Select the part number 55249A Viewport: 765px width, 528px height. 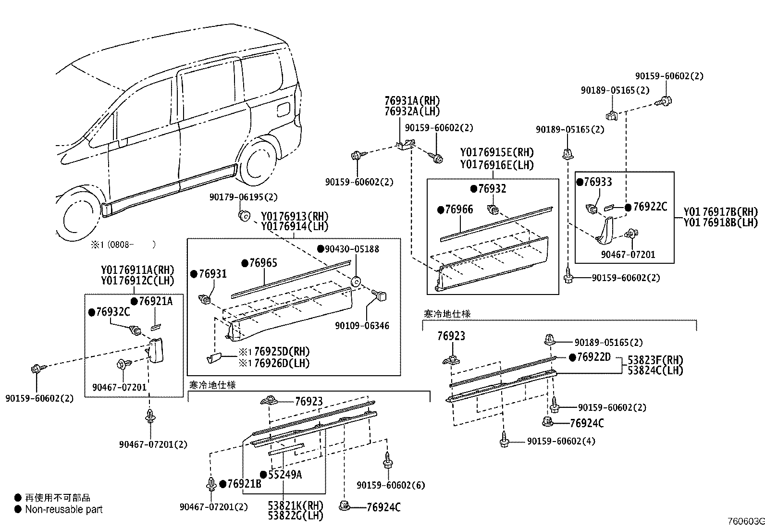tap(285, 475)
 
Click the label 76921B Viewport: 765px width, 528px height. tap(244, 484)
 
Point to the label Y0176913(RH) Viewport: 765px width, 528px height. tap(295, 216)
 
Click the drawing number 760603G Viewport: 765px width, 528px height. tap(745, 521)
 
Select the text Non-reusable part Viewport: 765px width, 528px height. tap(64, 509)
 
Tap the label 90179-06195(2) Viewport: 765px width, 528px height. tap(243, 197)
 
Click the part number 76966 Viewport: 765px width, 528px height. tap(459, 209)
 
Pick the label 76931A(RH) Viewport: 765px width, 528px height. tap(412, 101)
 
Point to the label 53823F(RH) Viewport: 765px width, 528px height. tap(655, 360)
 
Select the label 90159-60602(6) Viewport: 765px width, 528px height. tap(391, 485)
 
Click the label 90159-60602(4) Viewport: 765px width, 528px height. tap(561, 441)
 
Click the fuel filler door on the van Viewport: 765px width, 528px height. tap(284, 109)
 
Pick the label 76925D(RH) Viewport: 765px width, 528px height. tap(282, 351)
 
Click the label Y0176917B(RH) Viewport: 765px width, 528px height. tap(720, 212)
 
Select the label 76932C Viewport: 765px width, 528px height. tap(113, 312)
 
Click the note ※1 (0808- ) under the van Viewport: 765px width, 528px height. tap(123, 245)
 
